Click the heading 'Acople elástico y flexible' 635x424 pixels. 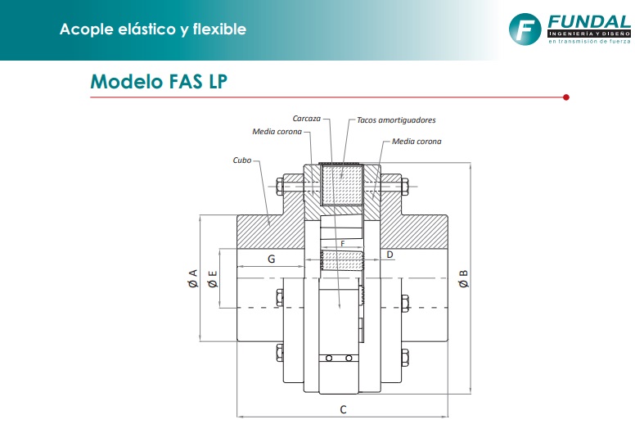click(x=152, y=29)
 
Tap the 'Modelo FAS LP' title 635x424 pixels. click(x=159, y=82)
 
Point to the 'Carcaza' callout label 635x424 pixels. click(x=306, y=120)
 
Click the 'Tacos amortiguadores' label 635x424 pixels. click(x=396, y=120)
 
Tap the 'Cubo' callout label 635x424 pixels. click(x=241, y=161)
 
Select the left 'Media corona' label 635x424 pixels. click(x=277, y=131)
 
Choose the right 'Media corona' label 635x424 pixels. click(x=417, y=142)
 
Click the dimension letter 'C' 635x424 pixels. click(x=343, y=408)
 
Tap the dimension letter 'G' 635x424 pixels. click(x=271, y=259)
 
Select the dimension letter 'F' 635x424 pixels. click(x=342, y=244)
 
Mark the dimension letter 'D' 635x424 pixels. click(x=390, y=255)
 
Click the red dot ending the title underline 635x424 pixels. click(x=566, y=97)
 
